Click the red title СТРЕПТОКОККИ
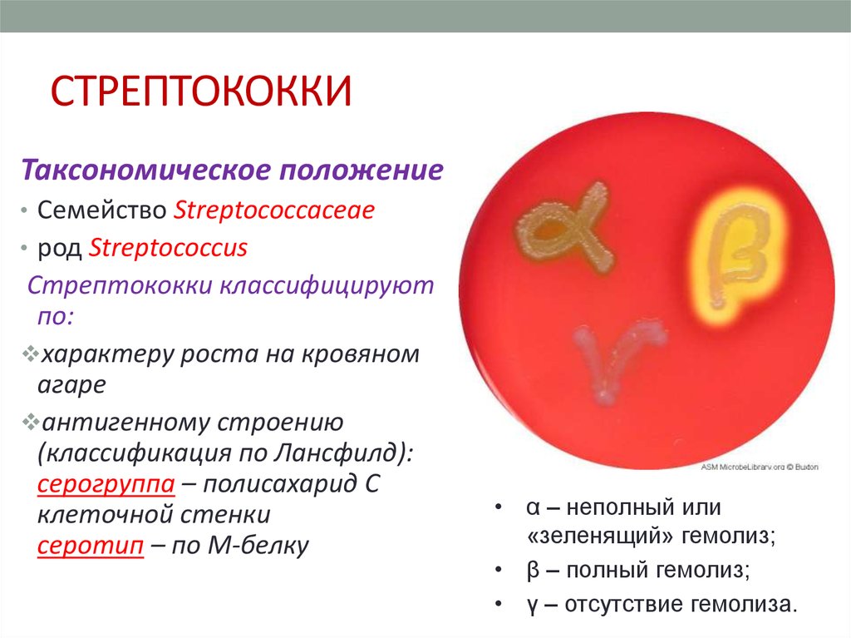(201, 91)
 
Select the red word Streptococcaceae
(274, 210)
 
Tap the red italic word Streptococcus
(168, 248)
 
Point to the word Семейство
(101, 210)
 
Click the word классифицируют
(327, 286)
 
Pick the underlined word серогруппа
(106, 484)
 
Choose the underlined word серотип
(91, 546)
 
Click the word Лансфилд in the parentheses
(336, 453)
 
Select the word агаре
(71, 385)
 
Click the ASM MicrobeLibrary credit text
(760, 467)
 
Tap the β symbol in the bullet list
(534, 571)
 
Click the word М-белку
(258, 546)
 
